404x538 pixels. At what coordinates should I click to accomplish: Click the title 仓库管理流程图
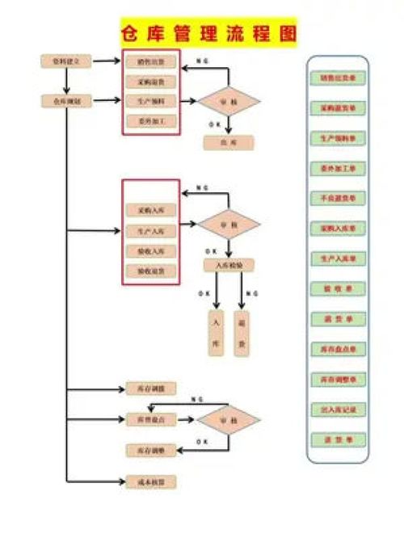tap(208, 34)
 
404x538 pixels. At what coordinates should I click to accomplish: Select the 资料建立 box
tap(66, 61)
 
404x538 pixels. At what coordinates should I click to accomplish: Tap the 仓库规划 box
tap(66, 101)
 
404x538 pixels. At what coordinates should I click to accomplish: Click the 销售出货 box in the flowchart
tap(150, 61)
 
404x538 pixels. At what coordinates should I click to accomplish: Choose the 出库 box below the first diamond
tap(228, 143)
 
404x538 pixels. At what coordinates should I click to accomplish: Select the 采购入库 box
tap(150, 210)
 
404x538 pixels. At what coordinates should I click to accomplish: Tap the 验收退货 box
tap(150, 271)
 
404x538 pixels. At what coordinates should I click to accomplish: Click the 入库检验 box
tap(229, 264)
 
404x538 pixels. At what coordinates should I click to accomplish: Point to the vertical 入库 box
tap(216, 333)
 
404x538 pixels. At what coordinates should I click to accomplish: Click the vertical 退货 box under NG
tap(242, 333)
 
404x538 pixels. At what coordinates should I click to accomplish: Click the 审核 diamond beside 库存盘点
tap(229, 419)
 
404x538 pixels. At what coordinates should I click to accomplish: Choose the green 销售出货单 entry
tap(337, 78)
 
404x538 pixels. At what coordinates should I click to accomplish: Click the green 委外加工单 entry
tap(337, 169)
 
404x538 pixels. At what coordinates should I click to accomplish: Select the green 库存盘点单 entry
tap(337, 348)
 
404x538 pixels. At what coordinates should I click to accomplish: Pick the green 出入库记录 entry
tap(337, 410)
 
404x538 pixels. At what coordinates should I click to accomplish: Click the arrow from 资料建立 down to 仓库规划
tap(66, 81)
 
